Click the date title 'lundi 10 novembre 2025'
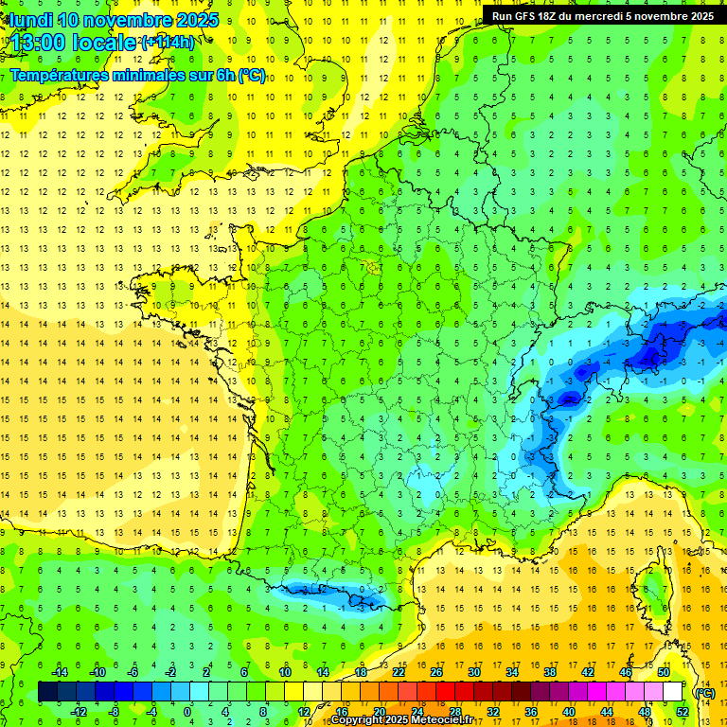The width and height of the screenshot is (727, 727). pyautogui.click(x=114, y=20)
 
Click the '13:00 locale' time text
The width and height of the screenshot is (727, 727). pyautogui.click(x=71, y=43)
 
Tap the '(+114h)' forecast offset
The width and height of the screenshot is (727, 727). pyautogui.click(x=168, y=43)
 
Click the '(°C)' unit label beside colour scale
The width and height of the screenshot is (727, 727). pyautogui.click(x=704, y=693)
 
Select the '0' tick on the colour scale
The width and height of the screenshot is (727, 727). pyautogui.click(x=186, y=712)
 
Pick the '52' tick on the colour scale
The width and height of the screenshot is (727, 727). pyautogui.click(x=683, y=712)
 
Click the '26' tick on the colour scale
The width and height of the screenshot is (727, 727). pyautogui.click(x=435, y=672)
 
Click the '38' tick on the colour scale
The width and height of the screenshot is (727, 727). pyautogui.click(x=549, y=672)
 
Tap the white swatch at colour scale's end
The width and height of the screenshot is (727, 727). pyautogui.click(x=673, y=692)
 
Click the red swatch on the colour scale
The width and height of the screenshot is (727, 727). pyautogui.click(x=445, y=692)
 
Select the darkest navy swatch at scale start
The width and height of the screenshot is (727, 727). pyautogui.click(x=47, y=692)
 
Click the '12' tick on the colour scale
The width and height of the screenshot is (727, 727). pyautogui.click(x=304, y=712)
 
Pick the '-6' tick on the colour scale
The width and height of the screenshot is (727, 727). pyautogui.click(x=133, y=672)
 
